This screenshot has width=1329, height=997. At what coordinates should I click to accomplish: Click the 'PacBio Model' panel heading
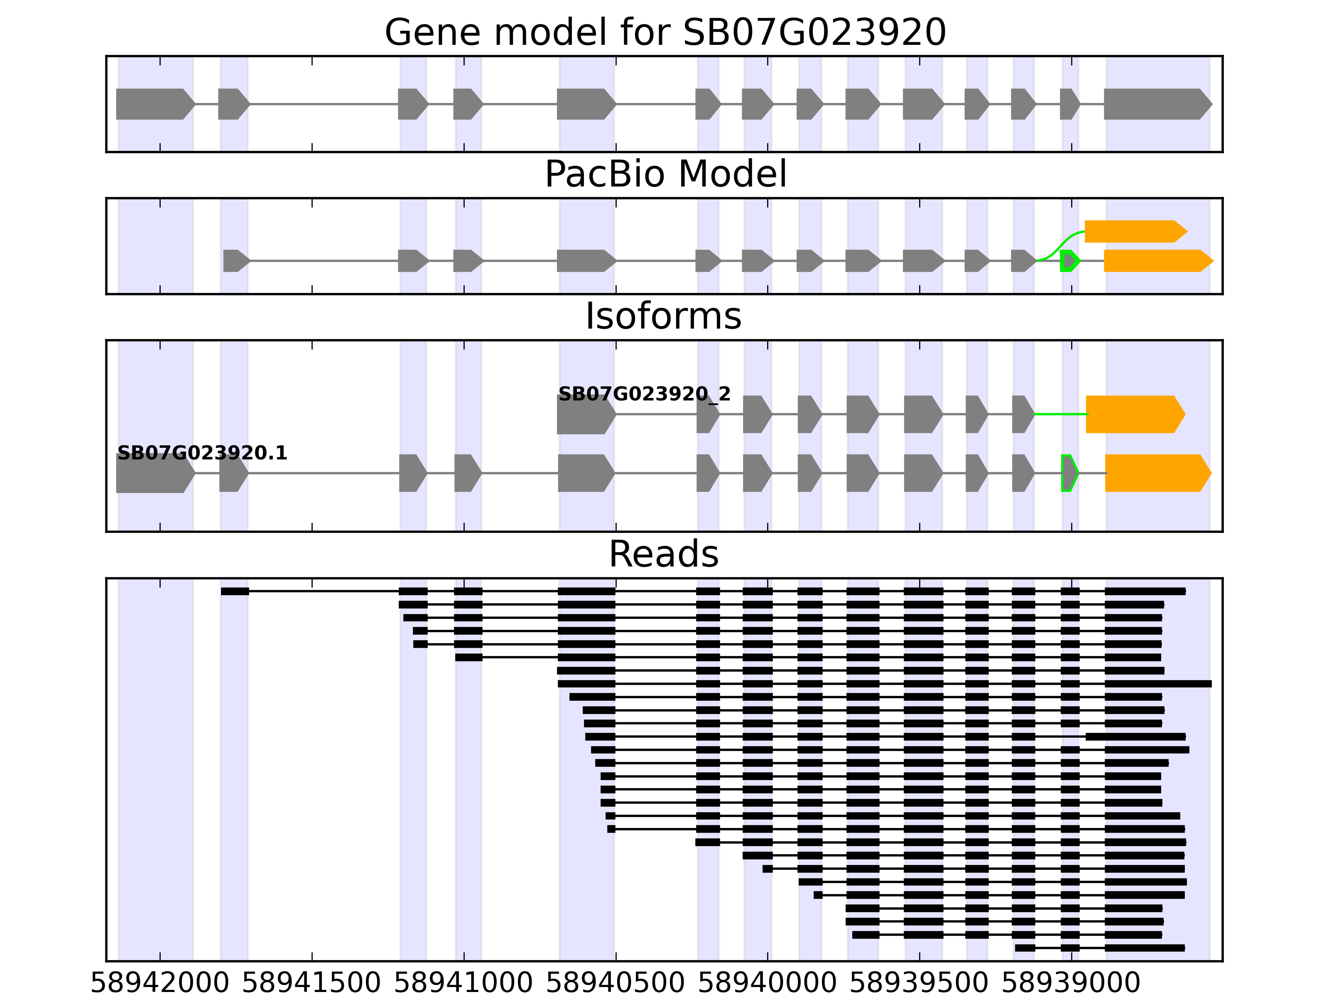click(664, 174)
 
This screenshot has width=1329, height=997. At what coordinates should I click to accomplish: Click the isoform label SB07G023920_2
click(644, 394)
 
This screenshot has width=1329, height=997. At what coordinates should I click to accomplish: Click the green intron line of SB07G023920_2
click(1060, 414)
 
